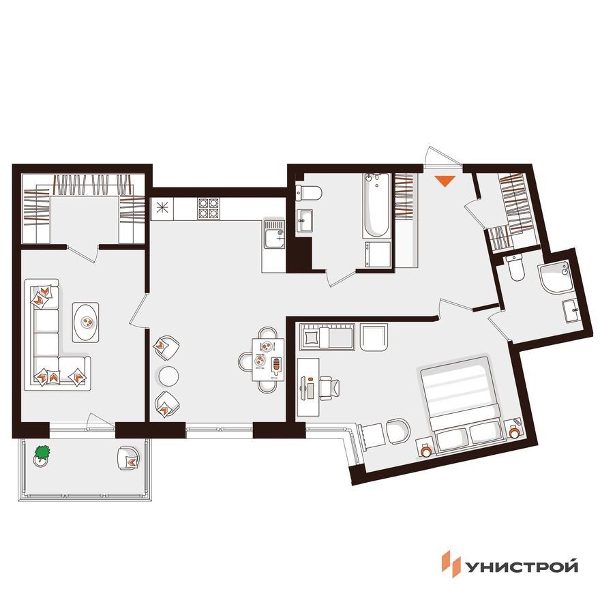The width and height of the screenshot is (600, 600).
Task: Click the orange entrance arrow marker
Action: pyautogui.click(x=445, y=181)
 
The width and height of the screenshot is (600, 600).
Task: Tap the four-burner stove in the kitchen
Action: pyautogui.click(x=209, y=209)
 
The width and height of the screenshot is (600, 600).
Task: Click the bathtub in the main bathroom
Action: pyautogui.click(x=377, y=205)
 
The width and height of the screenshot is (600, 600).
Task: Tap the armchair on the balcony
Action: pyautogui.click(x=130, y=458)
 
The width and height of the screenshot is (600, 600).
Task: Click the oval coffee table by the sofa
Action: pyautogui.click(x=86, y=322)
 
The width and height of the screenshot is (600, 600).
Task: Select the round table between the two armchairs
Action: pyautogui.click(x=168, y=376)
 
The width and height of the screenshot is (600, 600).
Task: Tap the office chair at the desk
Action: pyautogui.click(x=329, y=388)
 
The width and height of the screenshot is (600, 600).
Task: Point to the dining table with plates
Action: pyautogui.click(x=268, y=360)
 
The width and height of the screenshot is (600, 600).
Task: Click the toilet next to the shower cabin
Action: pyautogui.click(x=515, y=267)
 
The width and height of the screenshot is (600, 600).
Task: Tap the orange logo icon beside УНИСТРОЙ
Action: pyautogui.click(x=451, y=564)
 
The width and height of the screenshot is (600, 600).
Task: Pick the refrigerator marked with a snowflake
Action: pyautogui.click(x=162, y=209)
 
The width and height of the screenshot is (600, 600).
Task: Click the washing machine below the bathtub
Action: pyautogui.click(x=377, y=254)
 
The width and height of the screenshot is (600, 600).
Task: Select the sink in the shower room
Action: pyautogui.click(x=571, y=311)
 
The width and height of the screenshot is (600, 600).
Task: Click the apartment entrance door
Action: pyautogui.click(x=442, y=157)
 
